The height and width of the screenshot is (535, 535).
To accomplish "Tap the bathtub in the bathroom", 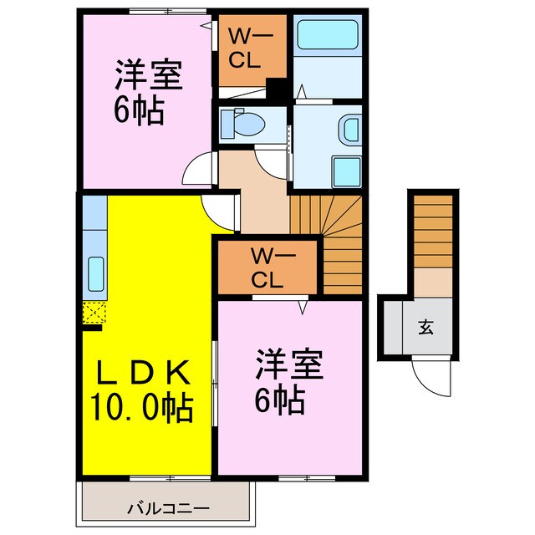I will (328, 37).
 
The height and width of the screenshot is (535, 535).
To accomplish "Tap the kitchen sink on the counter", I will (95, 273).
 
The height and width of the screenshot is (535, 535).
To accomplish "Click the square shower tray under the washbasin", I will (345, 172).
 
